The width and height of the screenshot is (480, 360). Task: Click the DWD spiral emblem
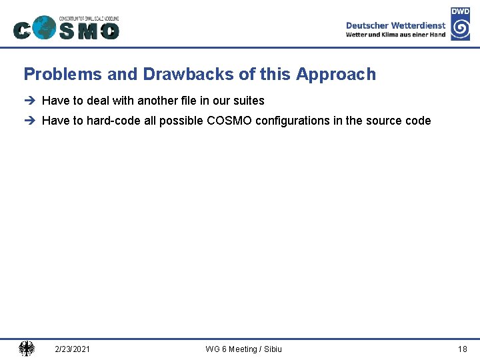coord(460,29)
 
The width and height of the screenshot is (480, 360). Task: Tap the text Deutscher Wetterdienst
coord(395,25)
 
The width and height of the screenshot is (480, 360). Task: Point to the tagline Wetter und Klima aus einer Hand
coord(395,35)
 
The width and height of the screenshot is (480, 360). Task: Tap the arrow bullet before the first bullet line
coord(29,101)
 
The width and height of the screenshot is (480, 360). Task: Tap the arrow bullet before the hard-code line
coord(29,121)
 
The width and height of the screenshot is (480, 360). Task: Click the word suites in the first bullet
coord(248,101)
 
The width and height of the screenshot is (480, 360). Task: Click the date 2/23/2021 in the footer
coord(73,349)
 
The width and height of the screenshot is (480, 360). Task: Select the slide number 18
coord(462,349)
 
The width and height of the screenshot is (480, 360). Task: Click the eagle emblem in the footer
coord(27,349)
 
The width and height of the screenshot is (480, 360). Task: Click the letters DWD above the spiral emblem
coord(460,11)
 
